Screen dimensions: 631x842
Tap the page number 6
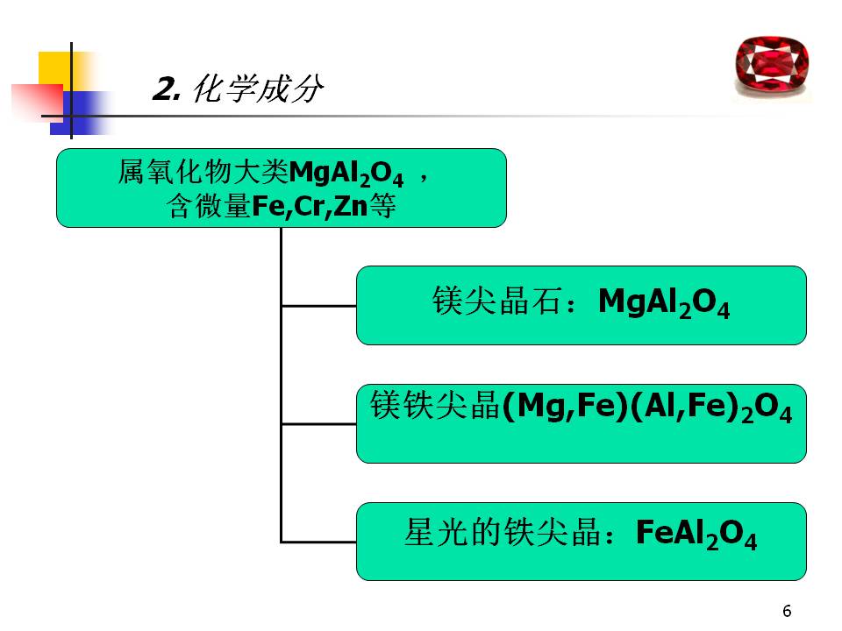click(x=786, y=611)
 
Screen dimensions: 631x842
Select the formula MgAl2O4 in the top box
click(x=346, y=174)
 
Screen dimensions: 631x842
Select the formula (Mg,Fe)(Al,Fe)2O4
click(x=646, y=408)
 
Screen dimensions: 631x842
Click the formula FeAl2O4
click(x=696, y=534)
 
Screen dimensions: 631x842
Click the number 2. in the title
click(x=166, y=89)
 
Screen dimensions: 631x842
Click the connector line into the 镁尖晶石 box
click(x=318, y=306)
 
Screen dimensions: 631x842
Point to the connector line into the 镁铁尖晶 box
click(x=318, y=424)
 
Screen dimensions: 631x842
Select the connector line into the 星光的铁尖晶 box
click(x=318, y=542)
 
